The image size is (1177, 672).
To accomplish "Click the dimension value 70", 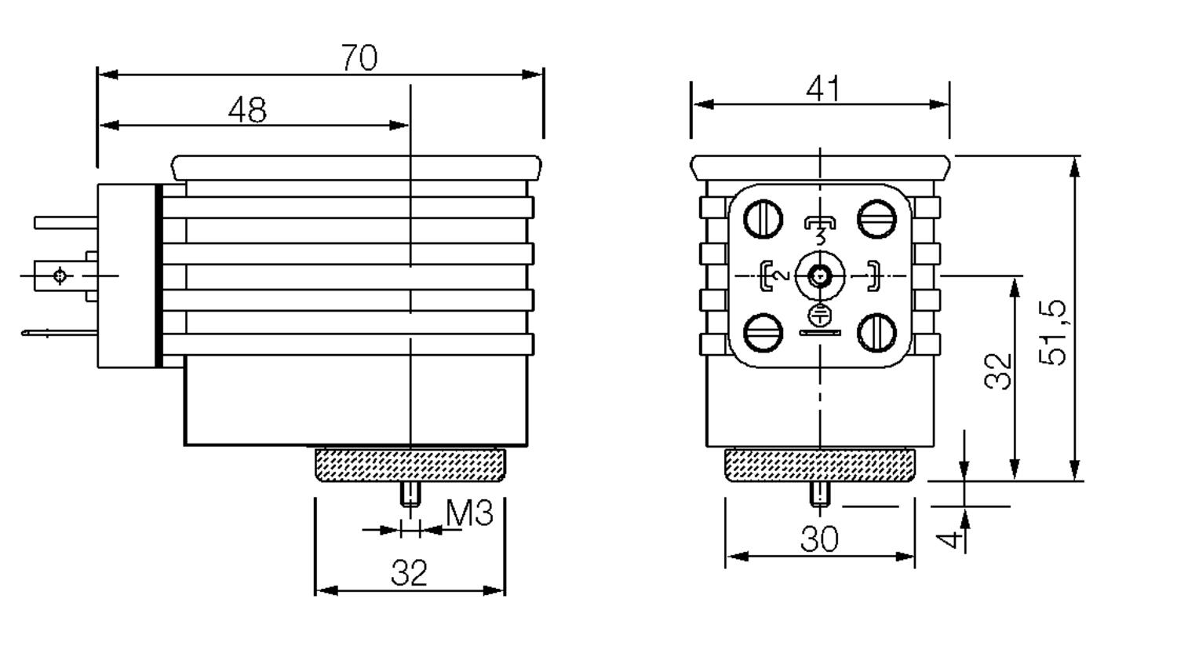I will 359,57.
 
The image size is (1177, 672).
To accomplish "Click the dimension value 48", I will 247,110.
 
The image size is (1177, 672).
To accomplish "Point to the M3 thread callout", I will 469,513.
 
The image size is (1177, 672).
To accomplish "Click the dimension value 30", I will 819,539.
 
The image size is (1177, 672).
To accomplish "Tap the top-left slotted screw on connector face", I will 763,219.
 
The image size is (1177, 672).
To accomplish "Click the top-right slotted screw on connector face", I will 876,219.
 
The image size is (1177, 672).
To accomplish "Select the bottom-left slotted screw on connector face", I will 763,332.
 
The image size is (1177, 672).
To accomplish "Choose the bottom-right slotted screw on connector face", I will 876,332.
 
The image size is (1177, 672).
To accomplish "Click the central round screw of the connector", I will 820,276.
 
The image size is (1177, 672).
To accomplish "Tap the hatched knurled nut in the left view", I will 410,465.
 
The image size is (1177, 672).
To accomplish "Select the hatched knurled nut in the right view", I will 820,465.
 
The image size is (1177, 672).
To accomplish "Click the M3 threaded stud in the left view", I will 410,495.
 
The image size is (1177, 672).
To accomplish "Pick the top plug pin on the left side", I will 66,223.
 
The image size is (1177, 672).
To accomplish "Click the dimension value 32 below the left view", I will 409,573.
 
